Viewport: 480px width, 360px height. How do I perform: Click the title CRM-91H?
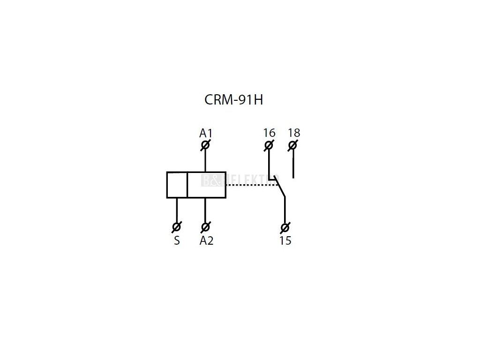coord(233,100)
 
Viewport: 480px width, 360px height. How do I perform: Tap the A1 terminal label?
coord(206,133)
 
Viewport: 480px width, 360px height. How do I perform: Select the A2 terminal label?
coord(206,240)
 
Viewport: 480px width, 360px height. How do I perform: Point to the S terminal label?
coord(177,241)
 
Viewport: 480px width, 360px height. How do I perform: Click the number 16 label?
coord(269,133)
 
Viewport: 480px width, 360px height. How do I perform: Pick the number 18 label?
coord(293,133)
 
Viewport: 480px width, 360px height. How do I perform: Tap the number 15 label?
coord(285,241)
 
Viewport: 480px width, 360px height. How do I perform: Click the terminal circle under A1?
coord(205,145)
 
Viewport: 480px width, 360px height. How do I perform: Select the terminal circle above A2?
coord(205,227)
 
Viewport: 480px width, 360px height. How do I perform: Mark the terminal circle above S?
coord(177,227)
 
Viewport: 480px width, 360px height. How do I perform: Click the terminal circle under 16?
coord(269,145)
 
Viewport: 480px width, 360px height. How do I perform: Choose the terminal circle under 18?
coord(293,145)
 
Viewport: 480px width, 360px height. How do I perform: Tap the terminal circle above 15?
coord(285,228)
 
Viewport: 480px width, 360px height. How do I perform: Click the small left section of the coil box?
coord(177,185)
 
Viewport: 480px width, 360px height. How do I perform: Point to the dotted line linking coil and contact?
coord(251,185)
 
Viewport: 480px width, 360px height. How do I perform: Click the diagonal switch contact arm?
coord(280,188)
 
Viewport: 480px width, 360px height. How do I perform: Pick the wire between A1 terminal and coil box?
coord(205,161)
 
